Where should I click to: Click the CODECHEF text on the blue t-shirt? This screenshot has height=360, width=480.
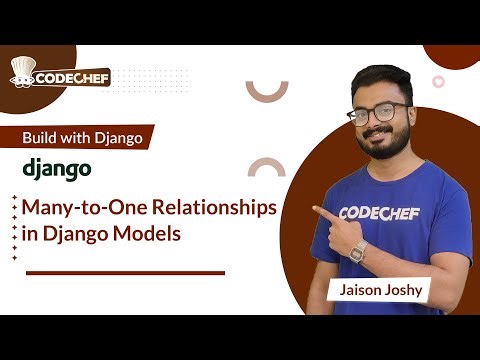380,212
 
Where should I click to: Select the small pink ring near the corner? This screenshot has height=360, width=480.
438,81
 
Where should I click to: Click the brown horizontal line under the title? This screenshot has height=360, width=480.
124,272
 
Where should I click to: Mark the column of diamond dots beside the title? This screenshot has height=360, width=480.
14,226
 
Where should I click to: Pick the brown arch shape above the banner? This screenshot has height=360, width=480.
267,91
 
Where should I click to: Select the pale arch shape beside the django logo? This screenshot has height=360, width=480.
267,166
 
